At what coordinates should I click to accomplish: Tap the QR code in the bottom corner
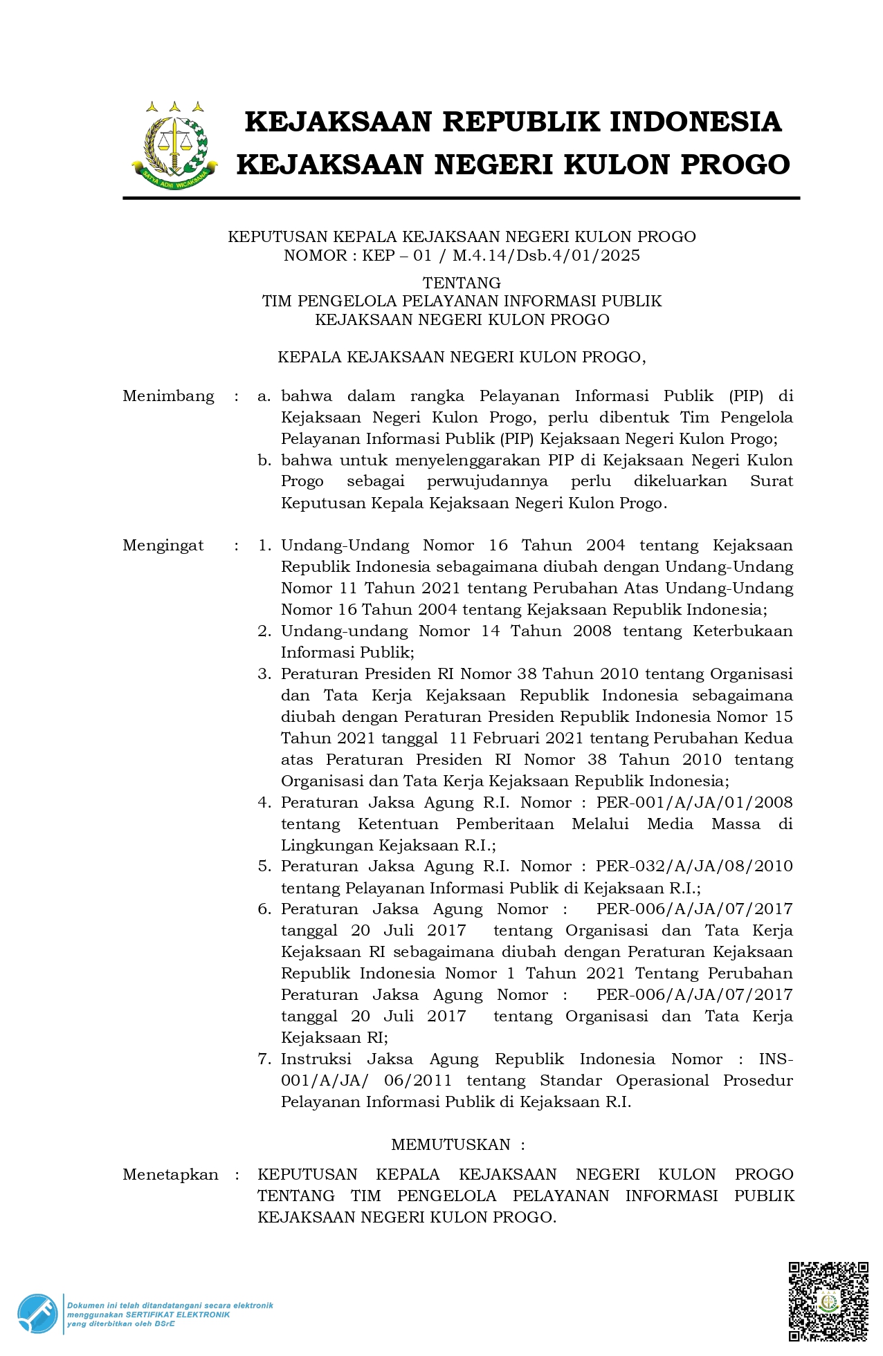tap(828, 1301)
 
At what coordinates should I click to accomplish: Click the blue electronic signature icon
tap(37, 1313)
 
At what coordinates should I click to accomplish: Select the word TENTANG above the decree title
tap(462, 283)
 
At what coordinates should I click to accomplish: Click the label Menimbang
tap(168, 396)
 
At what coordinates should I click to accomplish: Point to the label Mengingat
tap(163, 546)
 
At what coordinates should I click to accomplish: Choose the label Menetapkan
tap(170, 1175)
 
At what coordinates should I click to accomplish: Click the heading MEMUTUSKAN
tap(450, 1145)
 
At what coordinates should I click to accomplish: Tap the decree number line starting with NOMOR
tap(462, 256)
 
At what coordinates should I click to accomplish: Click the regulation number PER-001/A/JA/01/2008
tap(694, 803)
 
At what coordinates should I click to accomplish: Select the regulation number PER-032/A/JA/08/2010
tap(694, 866)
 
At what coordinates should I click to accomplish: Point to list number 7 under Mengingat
tap(264, 1059)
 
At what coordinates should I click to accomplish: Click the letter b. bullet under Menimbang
tap(264, 461)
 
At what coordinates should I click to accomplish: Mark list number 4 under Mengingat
tap(264, 803)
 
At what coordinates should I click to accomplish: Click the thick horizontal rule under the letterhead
tap(461, 198)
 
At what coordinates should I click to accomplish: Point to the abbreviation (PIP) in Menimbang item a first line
tap(746, 396)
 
